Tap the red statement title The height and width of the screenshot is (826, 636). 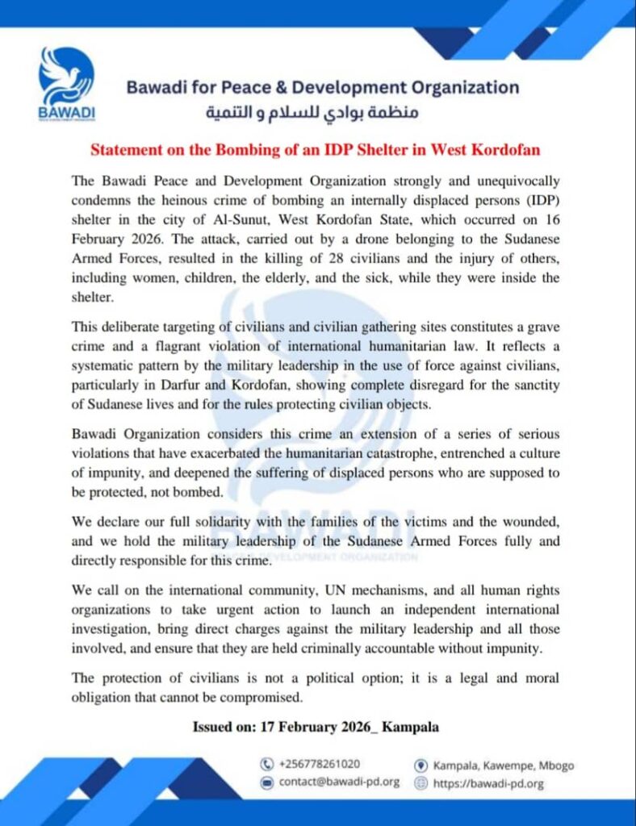(x=315, y=150)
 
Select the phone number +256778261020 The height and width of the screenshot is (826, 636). (x=320, y=764)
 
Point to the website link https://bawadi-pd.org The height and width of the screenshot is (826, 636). (x=489, y=782)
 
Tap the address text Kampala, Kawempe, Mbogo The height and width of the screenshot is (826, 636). (x=504, y=765)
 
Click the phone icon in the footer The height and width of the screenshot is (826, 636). (x=266, y=764)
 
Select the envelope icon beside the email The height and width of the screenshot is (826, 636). (x=266, y=782)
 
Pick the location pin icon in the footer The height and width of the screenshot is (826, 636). (x=420, y=765)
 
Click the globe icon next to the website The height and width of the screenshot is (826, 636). (x=420, y=782)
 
